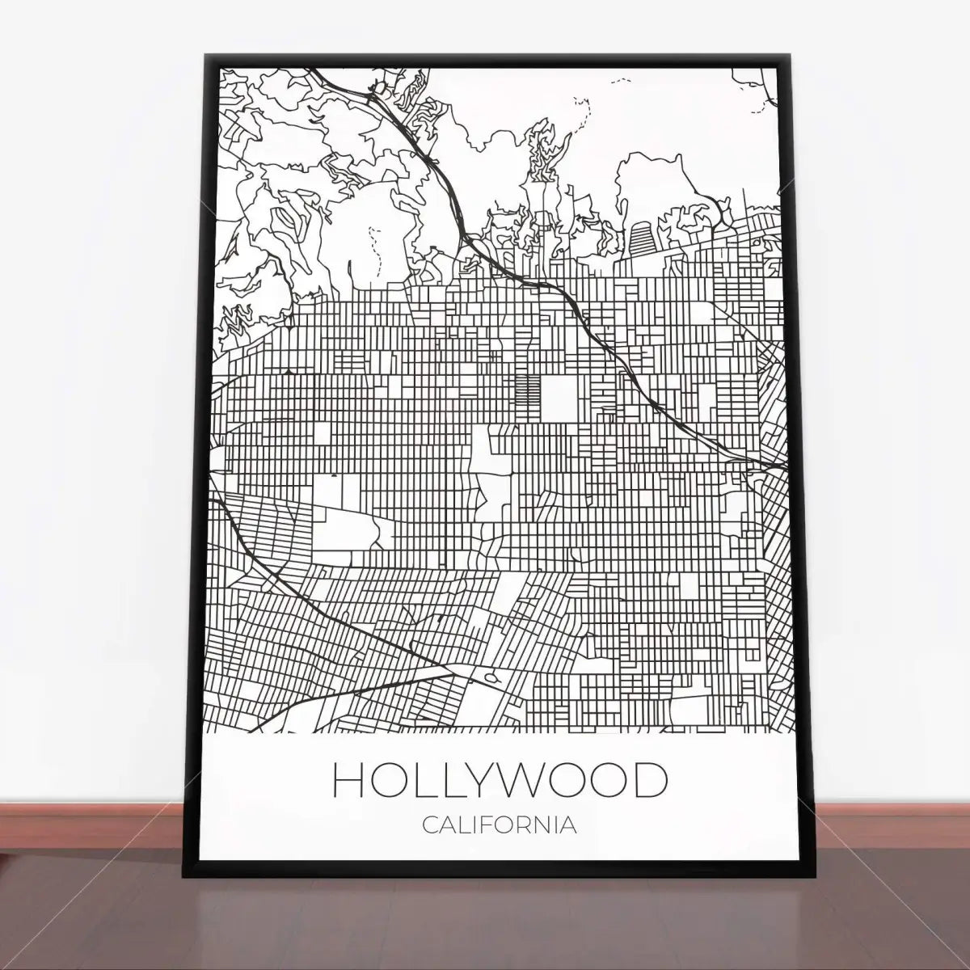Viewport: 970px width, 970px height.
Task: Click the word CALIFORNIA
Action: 500,825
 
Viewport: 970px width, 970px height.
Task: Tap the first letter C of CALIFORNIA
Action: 429,825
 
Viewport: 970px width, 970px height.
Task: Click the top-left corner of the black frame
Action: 205,56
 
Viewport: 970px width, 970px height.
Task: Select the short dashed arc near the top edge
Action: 621,80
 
